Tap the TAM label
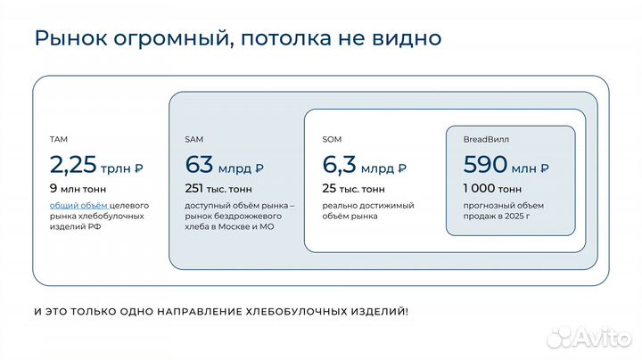pyautogui.click(x=59, y=140)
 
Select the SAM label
pyautogui.click(x=194, y=140)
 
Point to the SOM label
pyautogui.click(x=332, y=140)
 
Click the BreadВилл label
pyautogui.click(x=486, y=140)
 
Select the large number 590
pyautogui.click(x=485, y=165)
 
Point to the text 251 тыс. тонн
pyautogui.click(x=219, y=189)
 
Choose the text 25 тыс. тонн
pyautogui.click(x=354, y=189)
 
